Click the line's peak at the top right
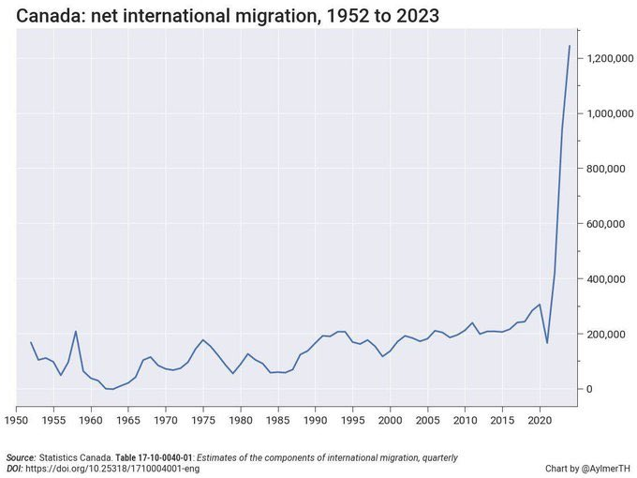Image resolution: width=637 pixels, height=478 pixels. (570, 46)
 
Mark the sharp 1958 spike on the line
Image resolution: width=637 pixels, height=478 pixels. (76, 331)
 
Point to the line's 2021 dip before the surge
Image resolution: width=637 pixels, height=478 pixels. (547, 343)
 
